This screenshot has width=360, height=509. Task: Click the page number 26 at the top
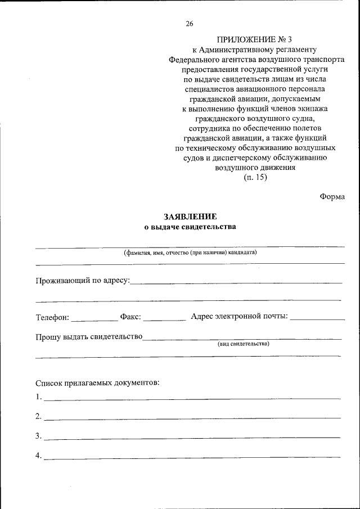click(189, 24)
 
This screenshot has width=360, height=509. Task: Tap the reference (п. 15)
click(255, 178)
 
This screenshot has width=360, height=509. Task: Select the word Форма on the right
click(332, 196)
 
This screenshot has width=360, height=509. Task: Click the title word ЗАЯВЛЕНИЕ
click(190, 217)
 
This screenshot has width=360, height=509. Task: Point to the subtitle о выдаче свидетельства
click(190, 227)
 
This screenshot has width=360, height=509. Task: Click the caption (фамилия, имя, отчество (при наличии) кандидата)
click(190, 253)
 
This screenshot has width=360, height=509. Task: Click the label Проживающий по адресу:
click(83, 280)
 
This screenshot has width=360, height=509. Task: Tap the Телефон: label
click(52, 317)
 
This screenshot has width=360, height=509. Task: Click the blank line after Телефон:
click(94, 319)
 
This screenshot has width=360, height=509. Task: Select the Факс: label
click(130, 317)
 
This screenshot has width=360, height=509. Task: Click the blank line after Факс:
click(164, 319)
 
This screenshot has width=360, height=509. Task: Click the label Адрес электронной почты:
click(240, 317)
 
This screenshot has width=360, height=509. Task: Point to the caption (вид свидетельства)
click(244, 344)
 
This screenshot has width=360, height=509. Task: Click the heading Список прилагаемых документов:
click(97, 383)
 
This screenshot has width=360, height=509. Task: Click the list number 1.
click(38, 397)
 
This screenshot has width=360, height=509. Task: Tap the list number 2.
click(38, 417)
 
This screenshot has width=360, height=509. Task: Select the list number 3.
click(38, 436)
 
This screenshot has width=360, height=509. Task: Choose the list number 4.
click(38, 456)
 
